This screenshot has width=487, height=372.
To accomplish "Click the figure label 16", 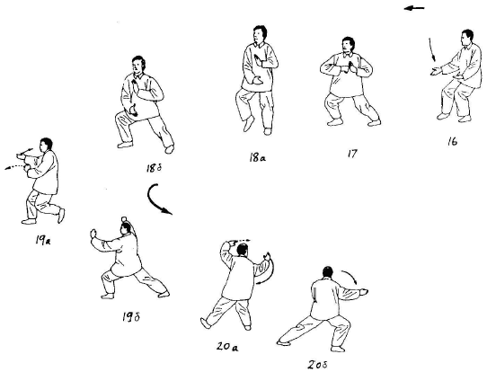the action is [x=453, y=142].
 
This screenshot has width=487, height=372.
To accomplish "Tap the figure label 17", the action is [x=352, y=154].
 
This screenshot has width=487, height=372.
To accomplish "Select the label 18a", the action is [x=257, y=158].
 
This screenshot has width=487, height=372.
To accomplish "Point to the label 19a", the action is [x=43, y=240].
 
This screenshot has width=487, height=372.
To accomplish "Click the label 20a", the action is [x=227, y=346].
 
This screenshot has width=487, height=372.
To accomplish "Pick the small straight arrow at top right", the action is [x=414, y=8].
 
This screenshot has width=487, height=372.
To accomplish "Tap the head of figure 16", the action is [x=467, y=38].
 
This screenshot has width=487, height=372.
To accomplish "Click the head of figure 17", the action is [x=349, y=45].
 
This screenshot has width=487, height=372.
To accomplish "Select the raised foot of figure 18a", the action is [x=249, y=124].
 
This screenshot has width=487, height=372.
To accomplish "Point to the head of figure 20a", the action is [x=243, y=249].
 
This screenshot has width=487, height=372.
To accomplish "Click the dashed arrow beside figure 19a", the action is [x=14, y=168].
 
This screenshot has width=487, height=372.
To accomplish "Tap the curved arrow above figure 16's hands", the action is [x=432, y=49].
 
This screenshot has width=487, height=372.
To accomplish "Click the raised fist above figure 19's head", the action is [x=125, y=219].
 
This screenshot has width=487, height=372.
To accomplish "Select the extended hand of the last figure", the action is [x=362, y=291].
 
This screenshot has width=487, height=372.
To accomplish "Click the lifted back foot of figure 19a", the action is [x=61, y=216].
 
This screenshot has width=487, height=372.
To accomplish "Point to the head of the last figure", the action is [x=327, y=272].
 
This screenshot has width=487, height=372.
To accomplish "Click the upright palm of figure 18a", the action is [x=258, y=60].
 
